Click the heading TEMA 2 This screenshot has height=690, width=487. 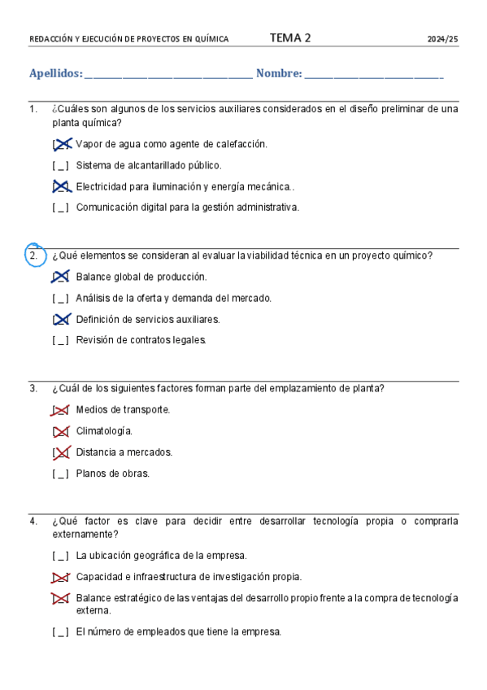click(290, 37)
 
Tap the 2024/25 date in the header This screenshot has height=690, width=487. click(443, 39)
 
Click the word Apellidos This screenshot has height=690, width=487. click(55, 74)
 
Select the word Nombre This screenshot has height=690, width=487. click(278, 74)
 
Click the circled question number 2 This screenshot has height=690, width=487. click(34, 255)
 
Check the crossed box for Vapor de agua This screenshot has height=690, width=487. click(61, 144)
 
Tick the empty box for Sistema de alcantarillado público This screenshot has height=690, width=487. click(61, 165)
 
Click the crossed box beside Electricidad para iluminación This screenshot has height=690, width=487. click(61, 186)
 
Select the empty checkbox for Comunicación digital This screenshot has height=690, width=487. click(61, 207)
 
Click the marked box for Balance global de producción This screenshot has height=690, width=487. click(61, 277)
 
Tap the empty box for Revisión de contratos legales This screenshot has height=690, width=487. click(61, 340)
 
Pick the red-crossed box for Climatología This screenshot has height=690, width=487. click(61, 431)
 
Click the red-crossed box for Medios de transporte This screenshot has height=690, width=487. click(61, 410)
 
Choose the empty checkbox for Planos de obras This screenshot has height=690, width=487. click(61, 474)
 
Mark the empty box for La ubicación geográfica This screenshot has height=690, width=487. click(61, 557)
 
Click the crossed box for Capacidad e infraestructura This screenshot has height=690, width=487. click(61, 578)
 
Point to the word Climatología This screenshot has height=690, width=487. click(104, 431)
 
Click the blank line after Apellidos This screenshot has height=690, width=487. click(167, 76)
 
